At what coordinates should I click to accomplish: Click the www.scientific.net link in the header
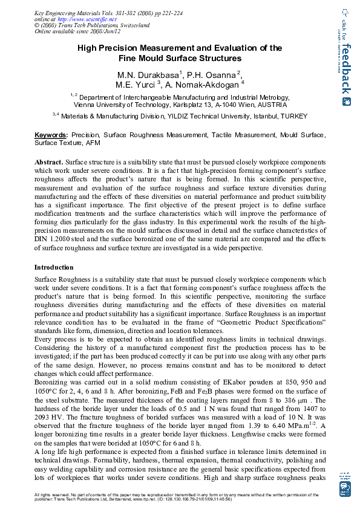(83, 19)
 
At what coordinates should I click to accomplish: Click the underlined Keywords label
(51, 135)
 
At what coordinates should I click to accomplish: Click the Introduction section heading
(54, 267)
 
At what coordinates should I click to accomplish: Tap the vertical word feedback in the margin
(345, 66)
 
